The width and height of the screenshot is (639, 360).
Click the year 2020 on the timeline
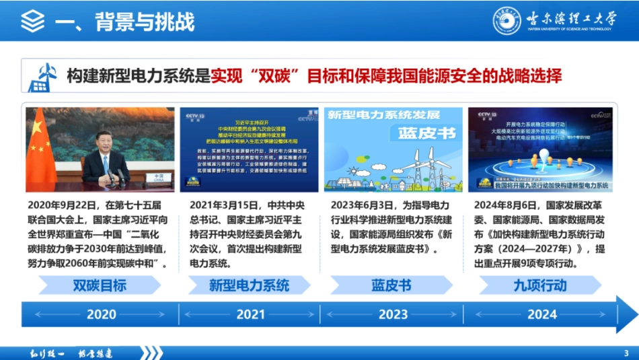[102, 314]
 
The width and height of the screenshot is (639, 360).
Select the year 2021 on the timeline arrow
[250, 314]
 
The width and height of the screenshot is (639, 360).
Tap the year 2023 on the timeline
[393, 314]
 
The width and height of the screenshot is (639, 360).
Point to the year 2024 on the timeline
[542, 314]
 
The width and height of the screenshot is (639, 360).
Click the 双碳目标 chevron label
[100, 285]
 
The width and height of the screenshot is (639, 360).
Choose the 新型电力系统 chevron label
[249, 285]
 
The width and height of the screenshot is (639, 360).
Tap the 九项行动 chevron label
[539, 285]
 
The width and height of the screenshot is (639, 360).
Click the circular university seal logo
[507, 20]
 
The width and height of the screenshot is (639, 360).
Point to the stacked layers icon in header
[32, 21]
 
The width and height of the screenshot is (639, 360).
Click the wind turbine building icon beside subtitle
[42, 77]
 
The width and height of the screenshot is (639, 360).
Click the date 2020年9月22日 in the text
[63, 205]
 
